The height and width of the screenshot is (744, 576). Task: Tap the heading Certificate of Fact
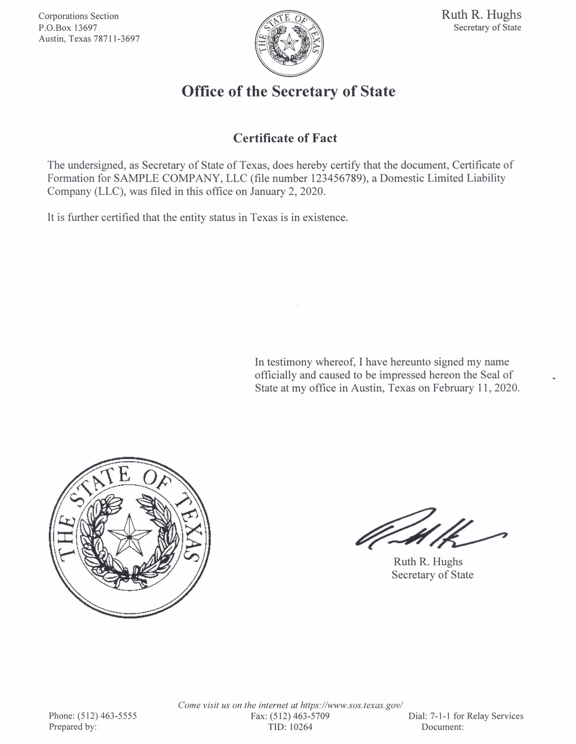click(x=285, y=138)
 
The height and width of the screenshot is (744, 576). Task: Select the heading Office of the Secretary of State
click(x=288, y=91)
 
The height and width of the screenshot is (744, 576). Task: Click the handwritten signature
click(x=430, y=531)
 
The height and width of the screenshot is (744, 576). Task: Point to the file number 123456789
click(x=334, y=178)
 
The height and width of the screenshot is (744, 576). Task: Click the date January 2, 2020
click(x=287, y=191)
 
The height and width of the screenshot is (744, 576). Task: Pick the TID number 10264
click(x=298, y=727)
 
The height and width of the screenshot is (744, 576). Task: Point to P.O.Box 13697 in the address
click(x=68, y=27)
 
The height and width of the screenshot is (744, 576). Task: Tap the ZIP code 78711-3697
click(x=116, y=39)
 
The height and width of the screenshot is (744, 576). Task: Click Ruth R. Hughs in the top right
click(x=481, y=15)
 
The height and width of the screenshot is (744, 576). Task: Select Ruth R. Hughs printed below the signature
click(x=428, y=562)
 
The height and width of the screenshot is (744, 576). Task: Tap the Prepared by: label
click(x=73, y=727)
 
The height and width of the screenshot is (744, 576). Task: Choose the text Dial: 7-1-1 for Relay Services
click(x=465, y=716)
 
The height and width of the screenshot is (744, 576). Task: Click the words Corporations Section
click(x=78, y=16)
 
